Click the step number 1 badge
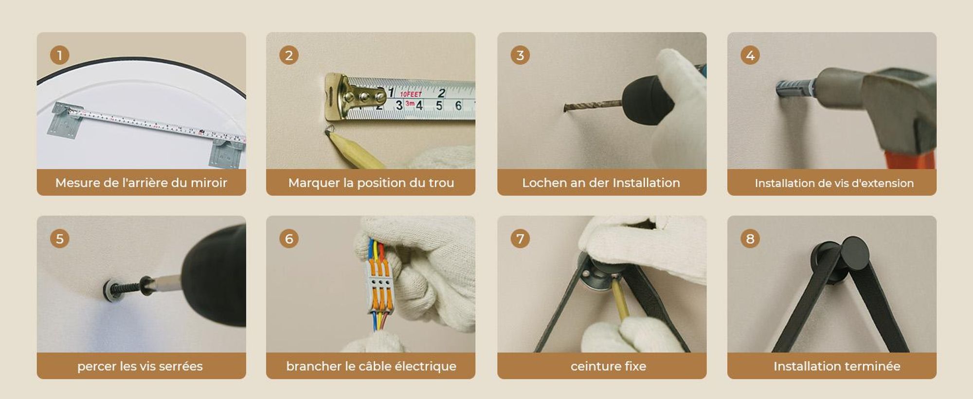click(60, 55)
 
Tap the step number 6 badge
click(289, 239)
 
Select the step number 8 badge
click(750, 239)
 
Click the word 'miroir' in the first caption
click(209, 183)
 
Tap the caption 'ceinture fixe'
click(609, 366)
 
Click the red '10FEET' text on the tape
click(411, 94)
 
